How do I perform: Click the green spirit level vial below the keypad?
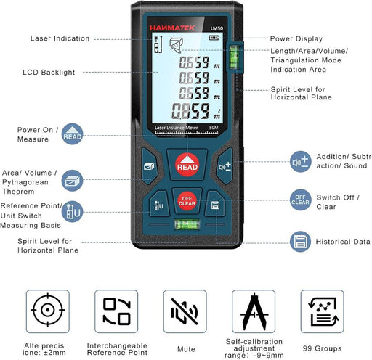pos(187,232)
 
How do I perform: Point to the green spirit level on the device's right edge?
pos(234,58)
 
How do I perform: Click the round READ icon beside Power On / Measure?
pos(73,135)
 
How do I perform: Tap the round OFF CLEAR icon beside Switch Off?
pos(301,200)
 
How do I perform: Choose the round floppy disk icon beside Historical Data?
pos(301,241)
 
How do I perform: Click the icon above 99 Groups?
pos(321,311)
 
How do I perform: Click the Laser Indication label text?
pos(60,38)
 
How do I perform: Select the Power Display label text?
pos(295,38)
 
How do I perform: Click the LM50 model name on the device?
pos(215,28)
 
